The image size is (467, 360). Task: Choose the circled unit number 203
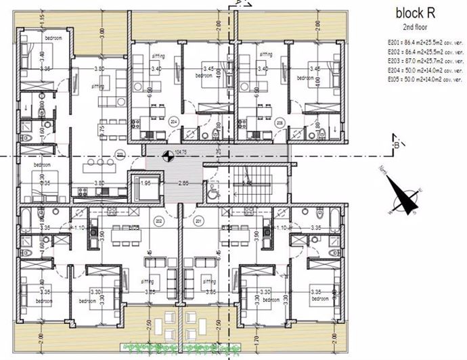tap(120, 153)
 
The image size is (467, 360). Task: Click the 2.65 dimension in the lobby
tap(183, 183)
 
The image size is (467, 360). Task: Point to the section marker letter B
tap(395, 143)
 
